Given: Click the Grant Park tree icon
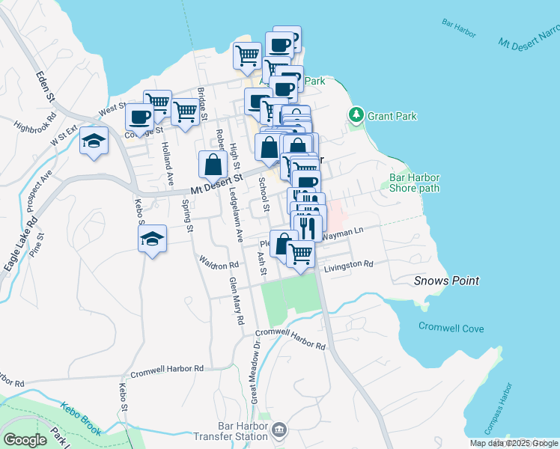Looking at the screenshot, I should coord(356,116).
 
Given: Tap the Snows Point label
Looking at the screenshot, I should coord(447,281).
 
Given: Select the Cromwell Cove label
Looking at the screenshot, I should coord(451,329).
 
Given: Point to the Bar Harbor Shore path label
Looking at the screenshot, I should coord(414,183).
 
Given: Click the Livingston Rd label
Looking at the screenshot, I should coord(348,265).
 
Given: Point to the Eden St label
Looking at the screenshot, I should coord(46,88).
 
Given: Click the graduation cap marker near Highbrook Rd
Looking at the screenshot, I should coord(94,141).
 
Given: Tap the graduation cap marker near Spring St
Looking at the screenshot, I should coord(153,239).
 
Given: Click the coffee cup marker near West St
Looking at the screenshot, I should coord(140,116).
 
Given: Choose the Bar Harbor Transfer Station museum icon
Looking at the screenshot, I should coord(279,430).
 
